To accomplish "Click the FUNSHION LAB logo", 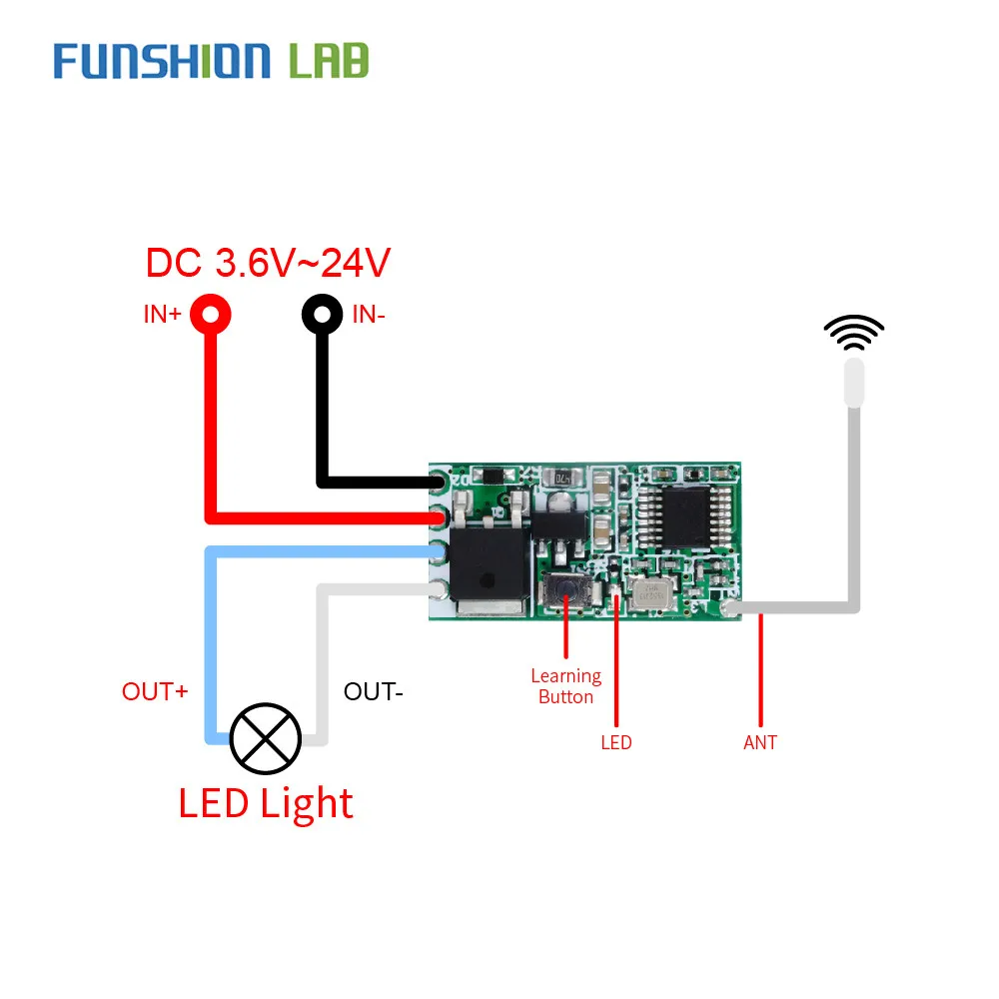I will point(211,60).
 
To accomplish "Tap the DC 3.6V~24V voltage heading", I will point(267,263).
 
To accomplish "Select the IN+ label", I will point(161,315).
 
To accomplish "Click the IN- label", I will point(370,315).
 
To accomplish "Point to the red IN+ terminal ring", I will point(211,315).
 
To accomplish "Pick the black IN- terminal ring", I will point(322,315).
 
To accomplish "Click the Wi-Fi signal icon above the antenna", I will point(853,333).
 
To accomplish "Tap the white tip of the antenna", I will point(853,383).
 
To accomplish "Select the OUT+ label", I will point(155,691).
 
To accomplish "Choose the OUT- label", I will point(373,691).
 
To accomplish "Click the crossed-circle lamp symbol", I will point(265,738).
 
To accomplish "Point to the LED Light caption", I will point(266,803).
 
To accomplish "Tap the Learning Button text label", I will point(565,687).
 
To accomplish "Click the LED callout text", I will point(615,742).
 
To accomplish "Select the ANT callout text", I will point(760,742).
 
